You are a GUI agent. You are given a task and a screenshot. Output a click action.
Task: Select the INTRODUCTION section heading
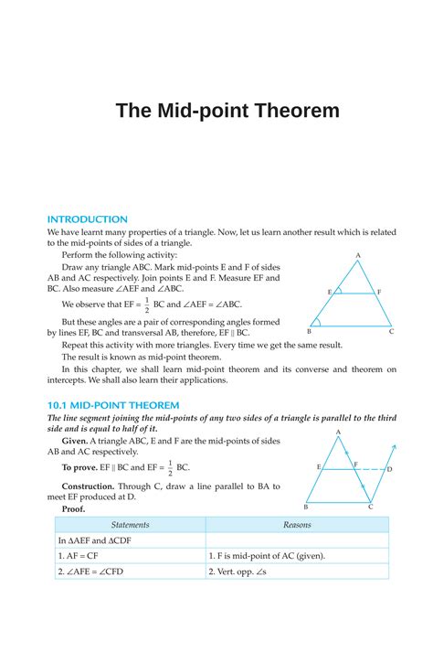point(88,219)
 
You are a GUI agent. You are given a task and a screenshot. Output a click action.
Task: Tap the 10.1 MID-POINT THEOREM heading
point(113,404)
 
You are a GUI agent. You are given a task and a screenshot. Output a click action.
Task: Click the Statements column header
point(130,525)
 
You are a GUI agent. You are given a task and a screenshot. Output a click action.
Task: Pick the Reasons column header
point(297,525)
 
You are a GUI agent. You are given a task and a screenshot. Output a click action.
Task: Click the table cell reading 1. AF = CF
point(80,556)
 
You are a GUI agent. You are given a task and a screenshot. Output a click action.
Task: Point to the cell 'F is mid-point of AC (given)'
point(267,556)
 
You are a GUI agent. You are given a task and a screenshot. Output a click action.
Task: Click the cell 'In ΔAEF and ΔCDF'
point(95,540)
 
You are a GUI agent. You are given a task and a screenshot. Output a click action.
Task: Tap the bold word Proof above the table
point(72,508)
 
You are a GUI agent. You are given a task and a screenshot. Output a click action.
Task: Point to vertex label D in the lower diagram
point(389,469)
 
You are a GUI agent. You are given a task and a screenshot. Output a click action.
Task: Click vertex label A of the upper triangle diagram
point(358,256)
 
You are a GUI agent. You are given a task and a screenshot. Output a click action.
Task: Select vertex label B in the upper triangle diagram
point(308,332)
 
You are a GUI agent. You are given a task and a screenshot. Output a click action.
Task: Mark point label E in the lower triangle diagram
point(319,467)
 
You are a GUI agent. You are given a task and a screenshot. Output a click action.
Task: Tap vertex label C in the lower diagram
point(370,507)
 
